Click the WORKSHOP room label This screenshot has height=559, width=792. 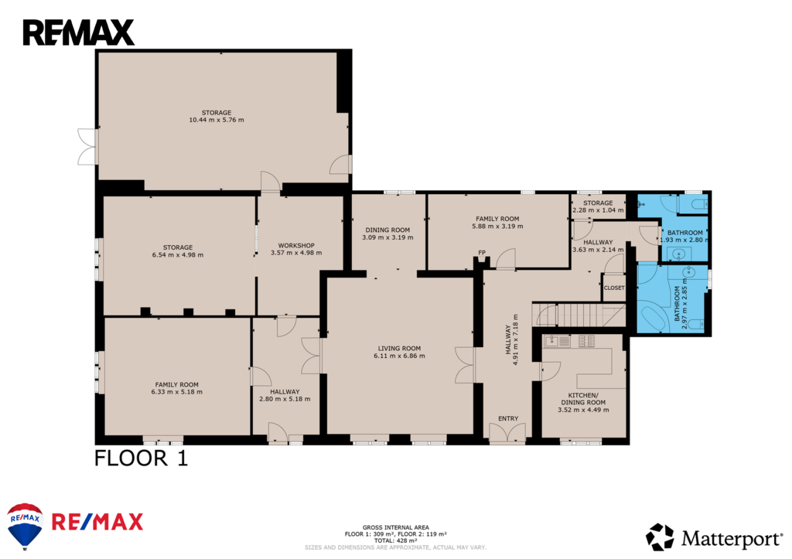tap(296, 245)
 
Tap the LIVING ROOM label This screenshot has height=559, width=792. tap(399, 349)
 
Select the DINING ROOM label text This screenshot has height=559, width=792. tap(387, 230)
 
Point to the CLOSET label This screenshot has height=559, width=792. tap(614, 288)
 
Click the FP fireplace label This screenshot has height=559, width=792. tap(482, 253)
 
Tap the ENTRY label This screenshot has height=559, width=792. tap(508, 418)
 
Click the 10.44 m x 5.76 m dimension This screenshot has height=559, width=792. tap(217, 120)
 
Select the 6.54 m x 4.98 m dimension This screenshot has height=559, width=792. tap(178, 255)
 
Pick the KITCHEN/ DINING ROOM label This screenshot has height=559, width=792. tap(583, 399)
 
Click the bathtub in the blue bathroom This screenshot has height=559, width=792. tap(653, 316)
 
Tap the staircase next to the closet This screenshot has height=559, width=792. tap(579, 315)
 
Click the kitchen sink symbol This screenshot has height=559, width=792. tap(557, 342)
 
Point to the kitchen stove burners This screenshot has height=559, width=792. tap(586, 342)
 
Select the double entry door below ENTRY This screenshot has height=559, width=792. tap(507, 433)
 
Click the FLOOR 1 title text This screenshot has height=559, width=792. tap(141, 458)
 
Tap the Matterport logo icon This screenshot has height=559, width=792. tap(660, 537)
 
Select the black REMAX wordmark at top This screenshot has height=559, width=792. tap(78, 32)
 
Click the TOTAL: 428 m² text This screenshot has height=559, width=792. tap(395, 540)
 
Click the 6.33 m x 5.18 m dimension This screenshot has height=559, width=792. tap(177, 392)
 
